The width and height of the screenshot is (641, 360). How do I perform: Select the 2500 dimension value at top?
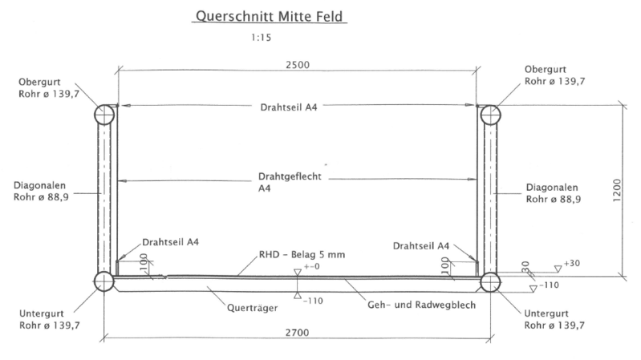[297, 64]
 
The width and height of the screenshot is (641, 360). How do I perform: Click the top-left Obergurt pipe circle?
[105, 115]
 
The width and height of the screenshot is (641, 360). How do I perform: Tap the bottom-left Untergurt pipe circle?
[104, 281]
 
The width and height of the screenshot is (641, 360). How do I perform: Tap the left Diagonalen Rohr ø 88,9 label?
[40, 192]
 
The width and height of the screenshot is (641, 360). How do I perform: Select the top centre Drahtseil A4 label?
[295, 107]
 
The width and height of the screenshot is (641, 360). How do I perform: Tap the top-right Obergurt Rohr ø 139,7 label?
[554, 75]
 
